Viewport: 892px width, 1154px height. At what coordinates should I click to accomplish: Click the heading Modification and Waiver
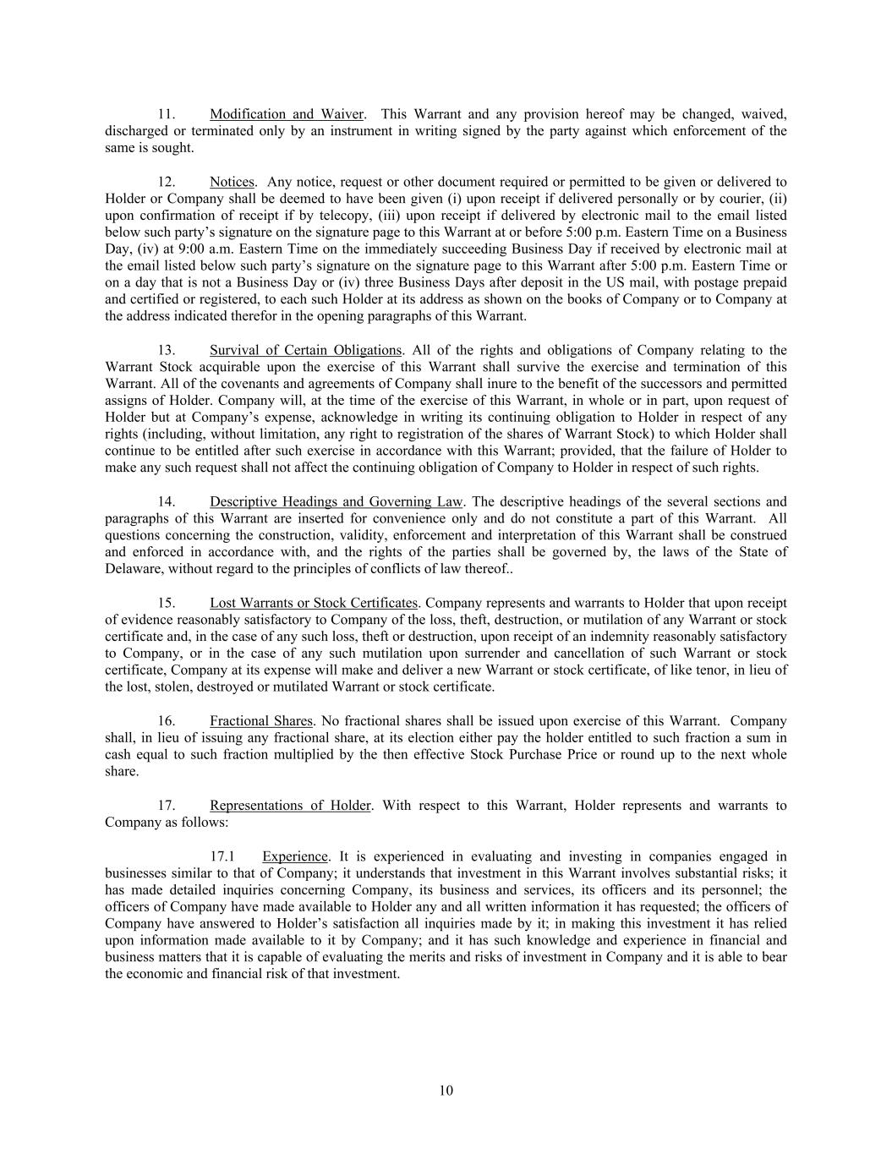pos(287,114)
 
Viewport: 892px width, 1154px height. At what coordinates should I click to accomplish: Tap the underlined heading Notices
pos(232,182)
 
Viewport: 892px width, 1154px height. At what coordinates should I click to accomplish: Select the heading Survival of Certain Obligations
pos(305,350)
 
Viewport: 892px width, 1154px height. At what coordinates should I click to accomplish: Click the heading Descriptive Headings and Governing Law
pos(336,502)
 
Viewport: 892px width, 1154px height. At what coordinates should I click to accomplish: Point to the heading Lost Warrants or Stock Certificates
pos(313,603)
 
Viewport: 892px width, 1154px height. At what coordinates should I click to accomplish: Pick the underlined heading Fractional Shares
pos(261,721)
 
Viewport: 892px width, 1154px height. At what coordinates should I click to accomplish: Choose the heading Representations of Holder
pos(290,806)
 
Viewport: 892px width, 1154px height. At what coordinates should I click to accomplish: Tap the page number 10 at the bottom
pos(446,1091)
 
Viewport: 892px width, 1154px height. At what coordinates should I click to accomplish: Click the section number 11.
pos(167,114)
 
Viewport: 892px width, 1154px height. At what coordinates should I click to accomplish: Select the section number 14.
pos(167,502)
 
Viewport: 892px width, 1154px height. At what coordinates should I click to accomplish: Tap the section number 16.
pos(167,721)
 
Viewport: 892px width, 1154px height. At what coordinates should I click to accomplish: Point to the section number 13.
pos(167,350)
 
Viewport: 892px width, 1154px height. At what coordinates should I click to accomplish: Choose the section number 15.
pos(167,603)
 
